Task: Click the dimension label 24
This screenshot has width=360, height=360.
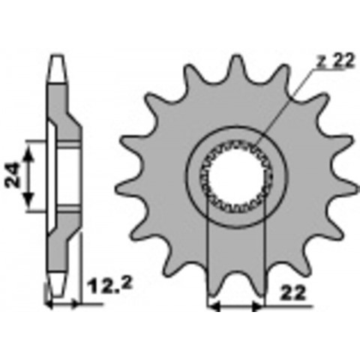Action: pos(13,175)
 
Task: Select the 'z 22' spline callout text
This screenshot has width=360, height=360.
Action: pos(336,61)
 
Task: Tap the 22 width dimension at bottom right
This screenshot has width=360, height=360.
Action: pos(293,292)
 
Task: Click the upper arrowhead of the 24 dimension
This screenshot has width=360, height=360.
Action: pos(29,154)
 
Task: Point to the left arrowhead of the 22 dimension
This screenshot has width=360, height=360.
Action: pos(214,306)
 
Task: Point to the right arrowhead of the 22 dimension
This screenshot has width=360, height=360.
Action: pos(257,306)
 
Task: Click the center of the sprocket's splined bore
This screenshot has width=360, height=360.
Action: pos(236,176)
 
